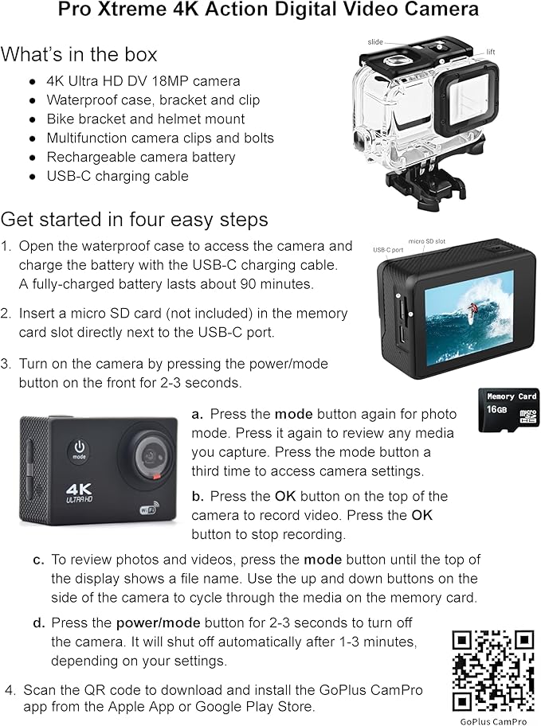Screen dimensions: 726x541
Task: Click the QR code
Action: coord(492,670)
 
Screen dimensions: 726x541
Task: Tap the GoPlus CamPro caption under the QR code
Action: coord(492,721)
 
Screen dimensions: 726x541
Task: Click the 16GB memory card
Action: coord(508,410)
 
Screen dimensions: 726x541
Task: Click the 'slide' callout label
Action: coord(375,41)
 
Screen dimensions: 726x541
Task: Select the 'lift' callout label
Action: coord(491,52)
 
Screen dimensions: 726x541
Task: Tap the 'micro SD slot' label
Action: coord(428,241)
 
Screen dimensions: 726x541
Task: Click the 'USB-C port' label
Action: coord(388,250)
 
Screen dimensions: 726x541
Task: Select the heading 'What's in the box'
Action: coord(79,55)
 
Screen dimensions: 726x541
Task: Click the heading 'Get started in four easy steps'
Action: coord(134,219)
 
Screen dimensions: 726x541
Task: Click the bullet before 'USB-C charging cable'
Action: coord(32,176)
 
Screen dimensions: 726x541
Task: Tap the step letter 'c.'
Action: coord(38,560)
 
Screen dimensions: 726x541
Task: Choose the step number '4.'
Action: coord(10,689)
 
